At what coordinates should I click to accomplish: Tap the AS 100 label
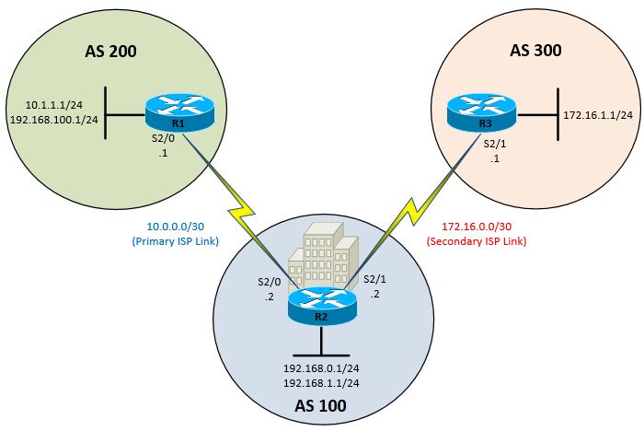[322, 404]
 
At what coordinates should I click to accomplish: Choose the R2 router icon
[321, 308]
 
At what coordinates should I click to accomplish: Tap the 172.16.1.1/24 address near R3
[597, 115]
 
